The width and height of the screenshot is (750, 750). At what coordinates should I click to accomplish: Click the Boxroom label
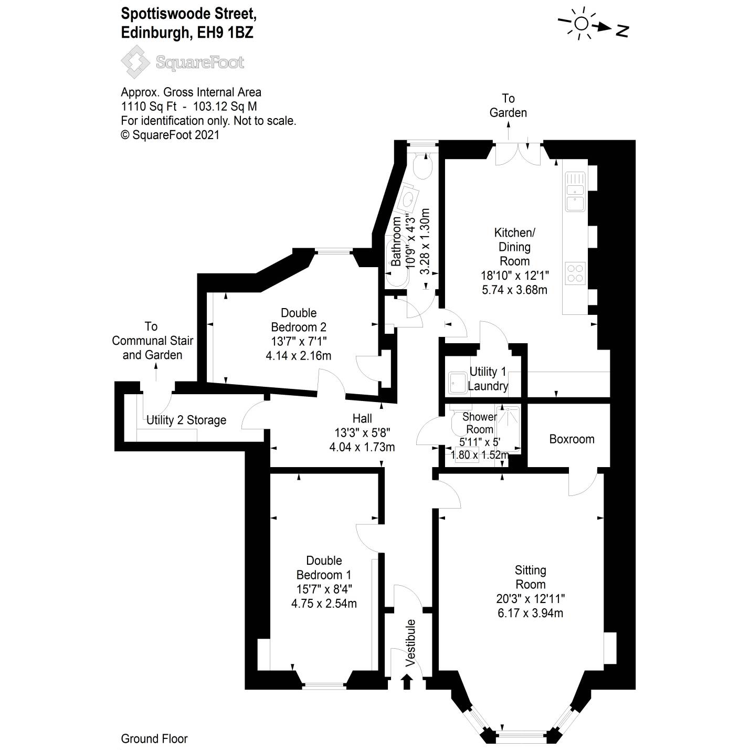[572, 439]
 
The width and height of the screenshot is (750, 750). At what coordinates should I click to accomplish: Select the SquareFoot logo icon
[135, 62]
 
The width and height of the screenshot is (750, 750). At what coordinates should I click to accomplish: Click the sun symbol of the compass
[581, 24]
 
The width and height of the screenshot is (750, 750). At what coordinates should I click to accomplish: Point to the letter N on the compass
[622, 31]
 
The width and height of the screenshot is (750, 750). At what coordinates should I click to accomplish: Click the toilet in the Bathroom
[422, 167]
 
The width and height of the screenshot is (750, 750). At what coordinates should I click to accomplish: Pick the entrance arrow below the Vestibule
[407, 681]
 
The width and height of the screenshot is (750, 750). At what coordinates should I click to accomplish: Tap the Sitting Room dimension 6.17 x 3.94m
[530, 612]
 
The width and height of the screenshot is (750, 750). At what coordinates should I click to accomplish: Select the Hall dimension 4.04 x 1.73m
[362, 447]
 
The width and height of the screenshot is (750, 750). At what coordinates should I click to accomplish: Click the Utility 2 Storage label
[186, 420]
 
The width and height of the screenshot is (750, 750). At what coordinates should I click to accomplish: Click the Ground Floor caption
[154, 738]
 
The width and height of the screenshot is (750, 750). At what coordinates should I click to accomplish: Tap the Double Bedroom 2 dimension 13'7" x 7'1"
[298, 341]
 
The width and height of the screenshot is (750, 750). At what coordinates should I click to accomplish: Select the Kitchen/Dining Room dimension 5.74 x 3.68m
[514, 289]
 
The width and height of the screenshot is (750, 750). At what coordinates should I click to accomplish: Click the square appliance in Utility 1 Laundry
[457, 383]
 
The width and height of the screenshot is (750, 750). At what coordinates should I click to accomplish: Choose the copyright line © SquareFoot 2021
[170, 135]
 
